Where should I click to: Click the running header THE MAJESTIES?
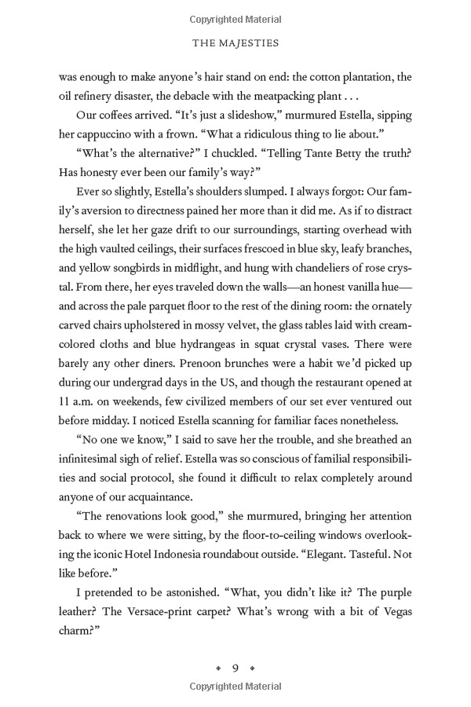(235, 44)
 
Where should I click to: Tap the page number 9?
(235, 669)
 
